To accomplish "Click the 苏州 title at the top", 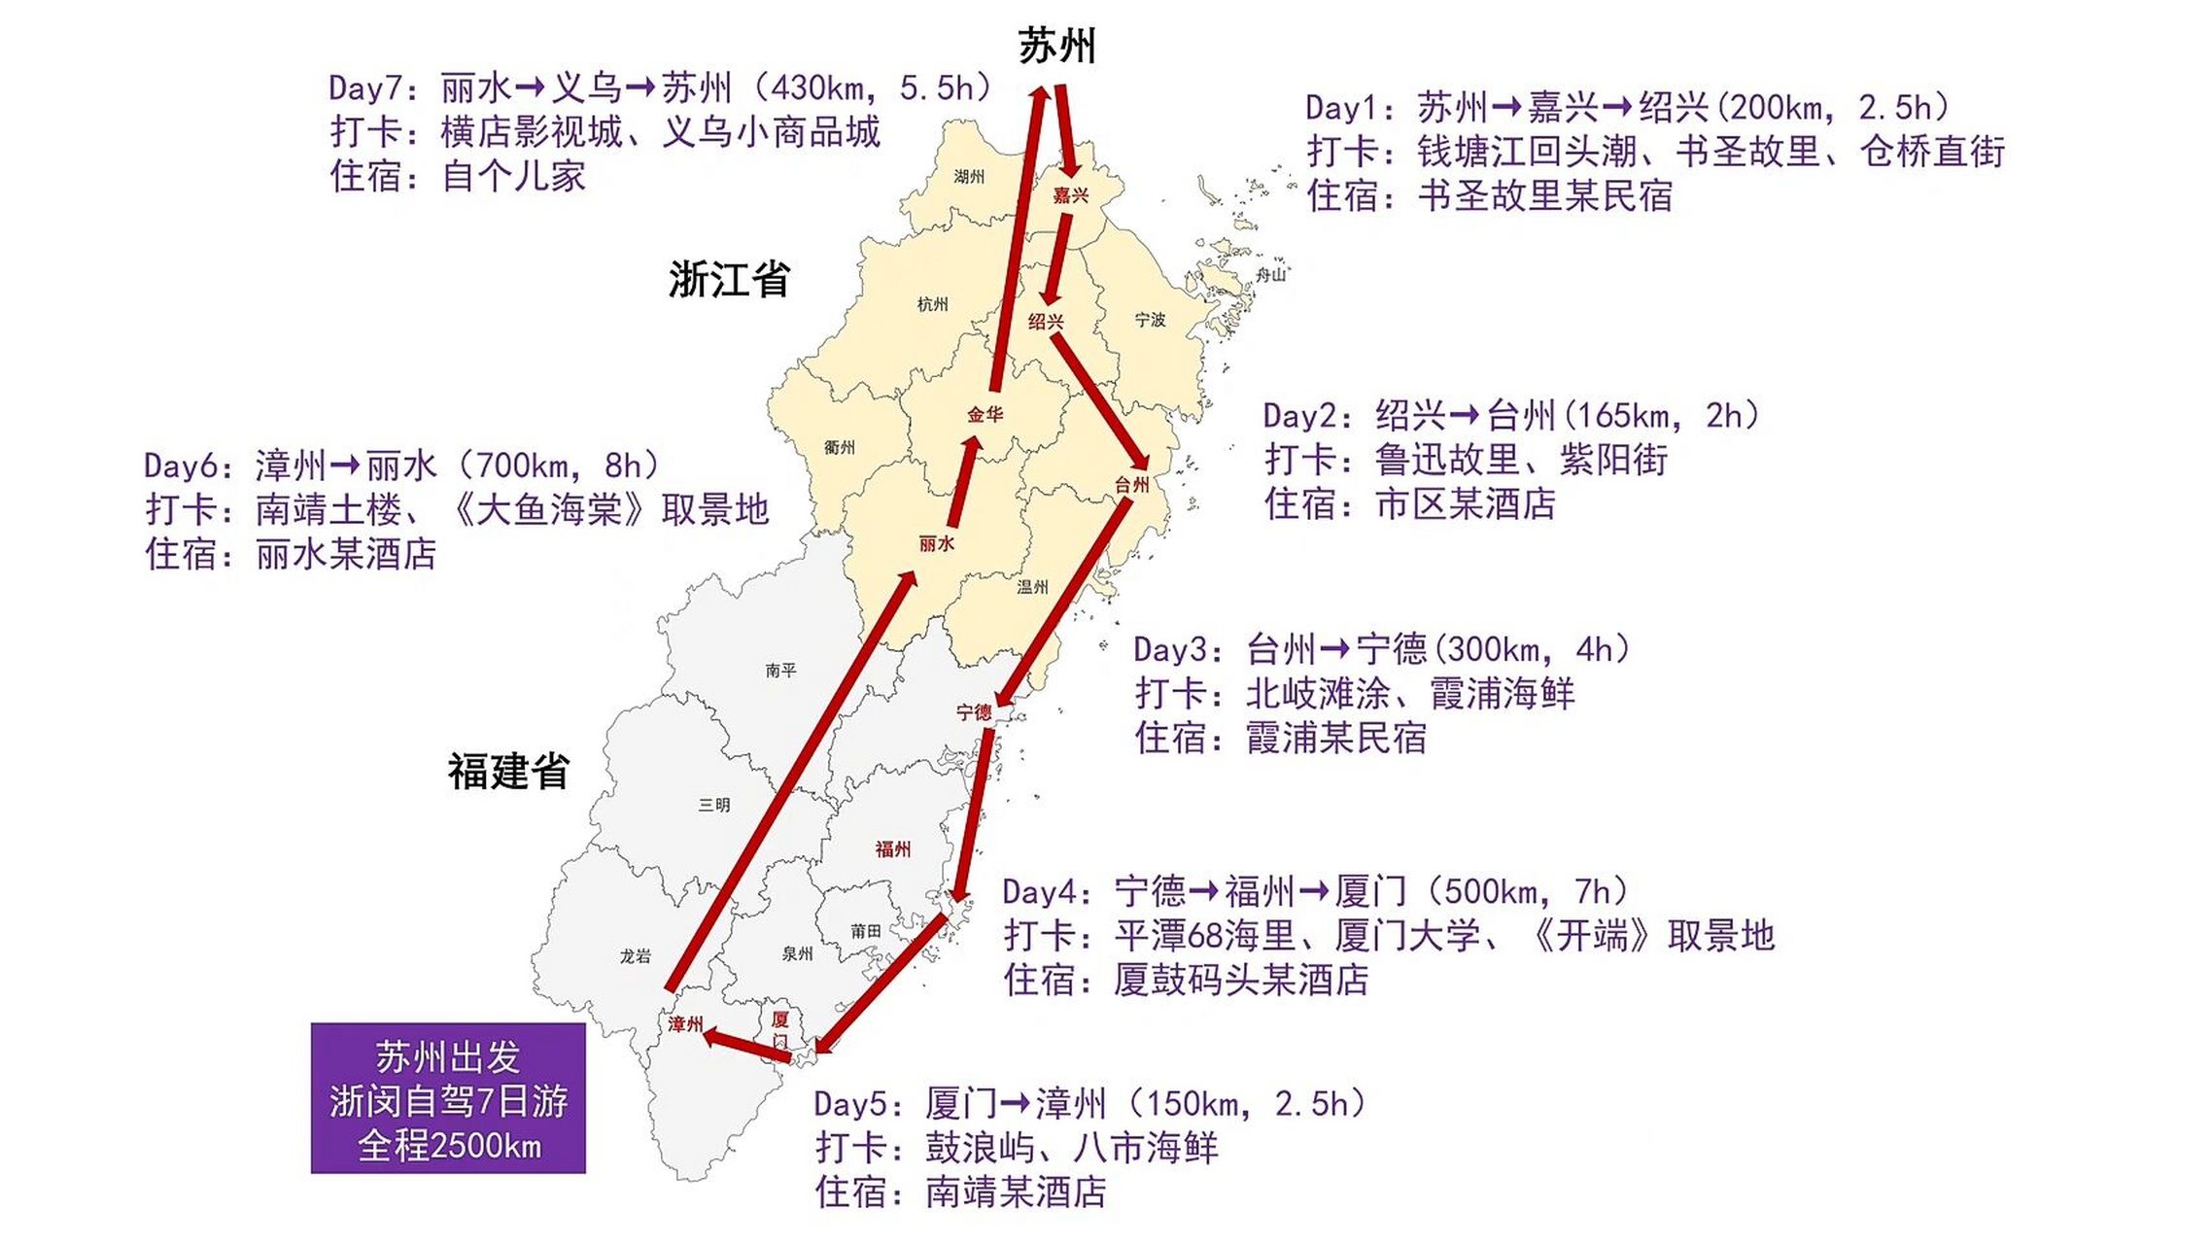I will pos(1056,47).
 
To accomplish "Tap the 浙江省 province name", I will pos(728,280).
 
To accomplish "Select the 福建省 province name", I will pos(507,772).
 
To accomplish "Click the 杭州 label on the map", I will pos(932,304).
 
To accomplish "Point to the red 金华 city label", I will pos(985,415).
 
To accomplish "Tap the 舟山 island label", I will pos(1270,274).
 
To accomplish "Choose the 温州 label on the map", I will pos(1032,587).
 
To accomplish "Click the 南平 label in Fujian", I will pos(780,670).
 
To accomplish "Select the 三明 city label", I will pos(714,805).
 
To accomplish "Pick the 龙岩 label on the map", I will pos(635,956).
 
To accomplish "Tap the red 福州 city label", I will pos(892,849).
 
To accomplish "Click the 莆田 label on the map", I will pos(865,931).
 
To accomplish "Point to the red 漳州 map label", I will pos(685,1024).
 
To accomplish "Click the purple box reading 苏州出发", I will pos(448,1098).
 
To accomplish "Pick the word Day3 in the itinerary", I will pos(1170,649).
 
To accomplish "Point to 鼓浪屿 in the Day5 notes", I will pos(980,1148).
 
